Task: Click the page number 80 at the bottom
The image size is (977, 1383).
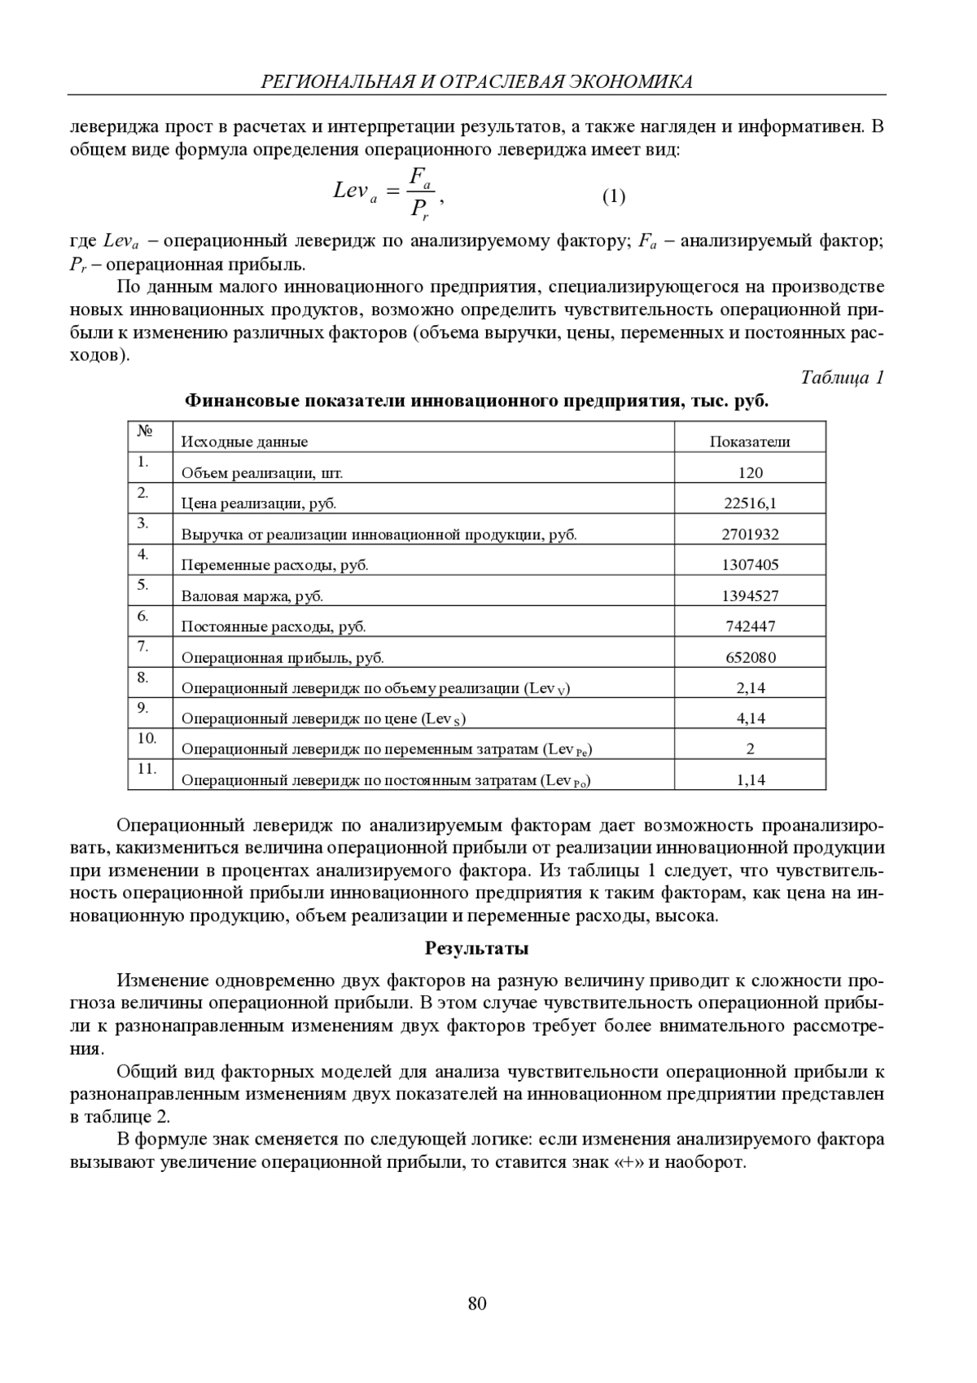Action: pyautogui.click(x=477, y=1304)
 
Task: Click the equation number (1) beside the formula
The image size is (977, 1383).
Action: pyautogui.click(x=614, y=196)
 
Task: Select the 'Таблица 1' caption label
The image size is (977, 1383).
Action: pyautogui.click(x=842, y=378)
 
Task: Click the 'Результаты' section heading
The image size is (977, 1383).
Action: pyautogui.click(x=477, y=948)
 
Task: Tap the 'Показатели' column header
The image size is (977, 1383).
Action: pyautogui.click(x=750, y=442)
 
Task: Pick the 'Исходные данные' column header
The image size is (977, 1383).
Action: pyautogui.click(x=244, y=442)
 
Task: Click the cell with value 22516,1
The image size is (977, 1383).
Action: pyautogui.click(x=750, y=503)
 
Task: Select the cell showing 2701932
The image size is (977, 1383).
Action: pyautogui.click(x=750, y=534)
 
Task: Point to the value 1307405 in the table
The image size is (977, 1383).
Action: pyautogui.click(x=750, y=565)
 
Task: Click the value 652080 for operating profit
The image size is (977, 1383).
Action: pyautogui.click(x=750, y=657)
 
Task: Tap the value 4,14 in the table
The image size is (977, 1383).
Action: pyautogui.click(x=750, y=718)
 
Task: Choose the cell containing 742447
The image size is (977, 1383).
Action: pyautogui.click(x=750, y=626)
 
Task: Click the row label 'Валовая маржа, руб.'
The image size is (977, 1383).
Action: pyautogui.click(x=252, y=596)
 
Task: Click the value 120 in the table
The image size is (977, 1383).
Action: pyautogui.click(x=750, y=473)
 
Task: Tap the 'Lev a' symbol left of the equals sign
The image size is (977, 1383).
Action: pyautogui.click(x=355, y=192)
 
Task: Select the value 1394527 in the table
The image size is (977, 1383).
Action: pyautogui.click(x=750, y=596)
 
